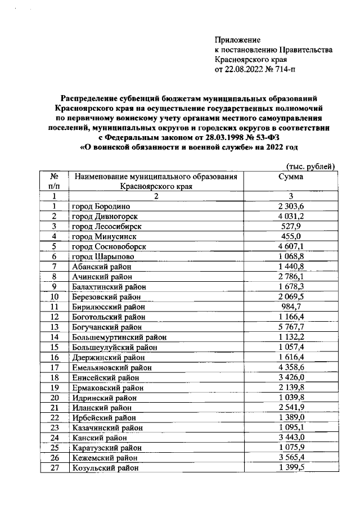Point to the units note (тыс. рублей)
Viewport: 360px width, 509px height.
coord(310,166)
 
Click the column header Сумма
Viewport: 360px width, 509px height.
coord(291,177)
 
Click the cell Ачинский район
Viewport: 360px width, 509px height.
coord(102,277)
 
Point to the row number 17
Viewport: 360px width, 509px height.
coord(54,367)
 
